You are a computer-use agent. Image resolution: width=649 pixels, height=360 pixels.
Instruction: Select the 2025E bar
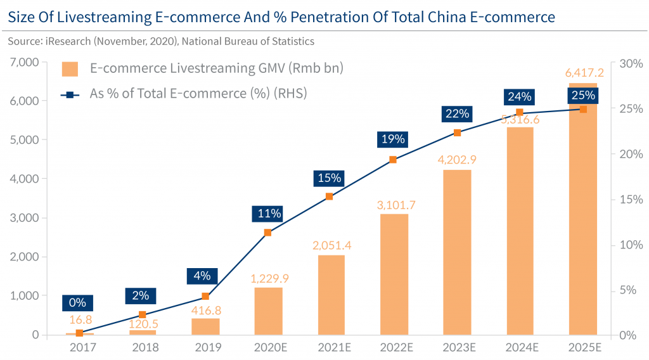[582, 209]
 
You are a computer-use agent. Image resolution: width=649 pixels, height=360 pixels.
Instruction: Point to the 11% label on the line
[267, 213]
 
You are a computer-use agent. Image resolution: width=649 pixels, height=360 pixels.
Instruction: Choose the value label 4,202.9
[456, 159]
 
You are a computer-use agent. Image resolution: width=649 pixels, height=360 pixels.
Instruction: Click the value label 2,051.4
[331, 245]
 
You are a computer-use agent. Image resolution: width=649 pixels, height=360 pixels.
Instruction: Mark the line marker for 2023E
[457, 132]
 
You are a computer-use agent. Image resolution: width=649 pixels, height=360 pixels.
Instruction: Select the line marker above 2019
[205, 296]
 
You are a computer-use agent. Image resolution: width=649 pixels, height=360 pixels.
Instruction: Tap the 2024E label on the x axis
[519, 348]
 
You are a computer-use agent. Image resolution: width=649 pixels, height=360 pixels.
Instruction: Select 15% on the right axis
[631, 199]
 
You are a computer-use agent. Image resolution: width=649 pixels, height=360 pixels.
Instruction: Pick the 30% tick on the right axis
[631, 63]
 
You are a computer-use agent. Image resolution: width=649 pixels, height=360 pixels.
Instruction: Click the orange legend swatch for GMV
[70, 68]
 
